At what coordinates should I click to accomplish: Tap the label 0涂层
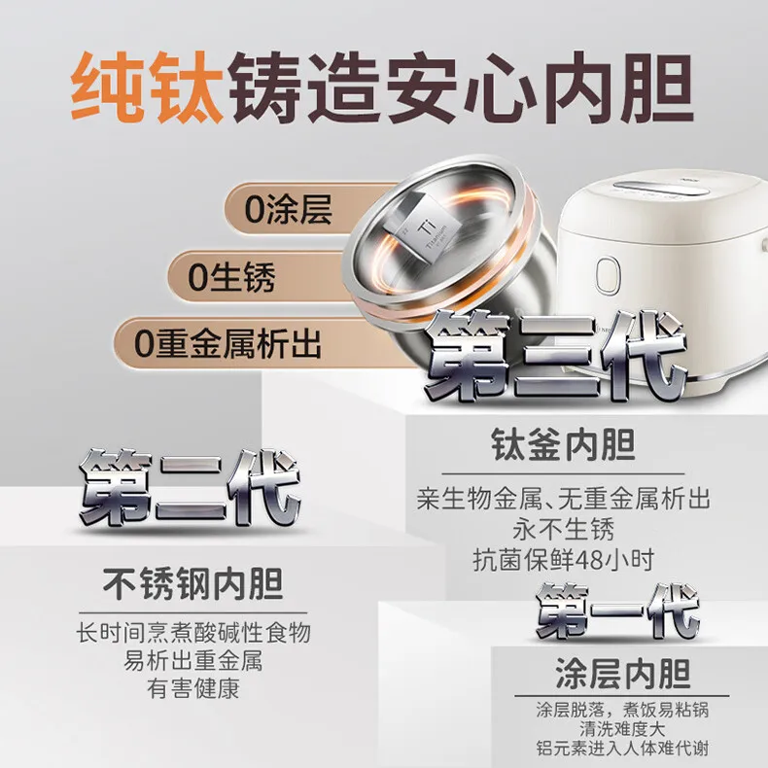point(289,211)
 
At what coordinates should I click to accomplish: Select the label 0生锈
point(232,278)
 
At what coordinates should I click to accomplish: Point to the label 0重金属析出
point(227,343)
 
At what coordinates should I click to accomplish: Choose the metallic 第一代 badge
point(618,611)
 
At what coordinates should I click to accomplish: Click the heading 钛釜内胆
point(562,446)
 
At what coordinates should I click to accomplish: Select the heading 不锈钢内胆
point(192,584)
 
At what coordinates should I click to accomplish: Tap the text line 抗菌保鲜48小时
point(564,560)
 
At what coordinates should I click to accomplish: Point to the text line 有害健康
point(193,690)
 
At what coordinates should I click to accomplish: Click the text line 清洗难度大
point(624,728)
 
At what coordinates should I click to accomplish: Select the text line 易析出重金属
point(193,662)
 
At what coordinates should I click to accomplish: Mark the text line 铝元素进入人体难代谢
point(624,750)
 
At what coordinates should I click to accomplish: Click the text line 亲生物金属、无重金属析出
point(564,501)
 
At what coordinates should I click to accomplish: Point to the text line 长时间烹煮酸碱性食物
point(193,633)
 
